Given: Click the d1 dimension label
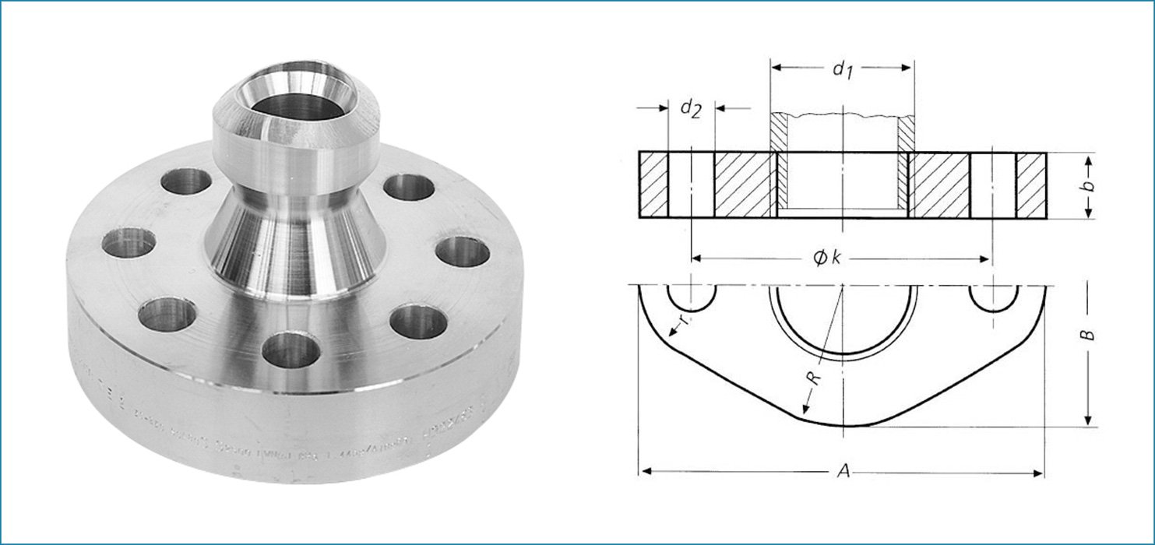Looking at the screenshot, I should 840,69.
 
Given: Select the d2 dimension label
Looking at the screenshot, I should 690,108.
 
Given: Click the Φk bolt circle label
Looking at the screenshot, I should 828,258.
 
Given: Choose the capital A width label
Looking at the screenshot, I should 842,471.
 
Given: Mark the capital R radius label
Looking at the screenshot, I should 813,379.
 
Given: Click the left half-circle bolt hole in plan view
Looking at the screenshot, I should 692,297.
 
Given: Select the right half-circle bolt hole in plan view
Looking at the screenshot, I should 992,297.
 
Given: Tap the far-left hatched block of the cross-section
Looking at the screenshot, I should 654,185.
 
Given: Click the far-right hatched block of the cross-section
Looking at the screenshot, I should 1031,185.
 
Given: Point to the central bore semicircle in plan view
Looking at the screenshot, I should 843,319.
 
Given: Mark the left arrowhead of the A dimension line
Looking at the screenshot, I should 643,471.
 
